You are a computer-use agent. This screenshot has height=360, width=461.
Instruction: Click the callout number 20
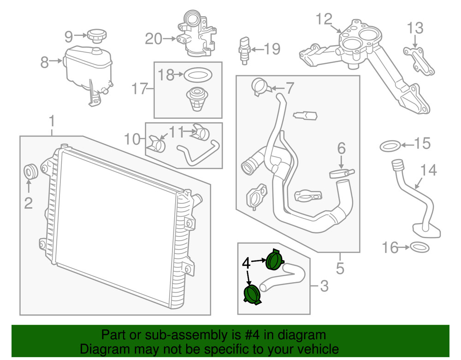[x=154, y=39]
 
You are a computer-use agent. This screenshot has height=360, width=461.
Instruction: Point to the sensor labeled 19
[x=244, y=47]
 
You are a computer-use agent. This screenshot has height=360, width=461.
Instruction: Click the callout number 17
[x=139, y=89]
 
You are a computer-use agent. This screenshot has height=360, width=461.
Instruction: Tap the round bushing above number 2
[x=31, y=172]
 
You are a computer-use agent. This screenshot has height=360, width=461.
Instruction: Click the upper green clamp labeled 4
[x=274, y=259]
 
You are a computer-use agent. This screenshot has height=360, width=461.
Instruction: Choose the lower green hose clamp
[x=252, y=295]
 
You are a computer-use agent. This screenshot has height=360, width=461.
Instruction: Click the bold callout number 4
[x=247, y=264]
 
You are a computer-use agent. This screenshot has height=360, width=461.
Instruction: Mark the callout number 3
[x=324, y=287]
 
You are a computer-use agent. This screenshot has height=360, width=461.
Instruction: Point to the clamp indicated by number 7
[x=260, y=86]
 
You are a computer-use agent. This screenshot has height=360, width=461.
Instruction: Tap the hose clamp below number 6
[x=340, y=173]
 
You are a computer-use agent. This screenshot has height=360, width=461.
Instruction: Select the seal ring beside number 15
[x=389, y=146]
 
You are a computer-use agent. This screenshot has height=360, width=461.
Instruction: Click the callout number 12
[x=324, y=19]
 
